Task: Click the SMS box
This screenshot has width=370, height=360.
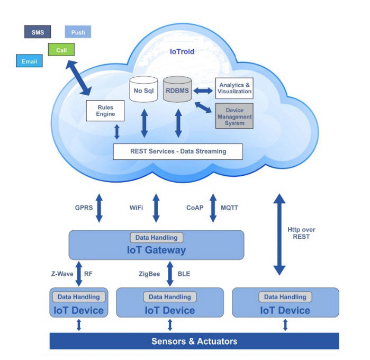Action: point(37,32)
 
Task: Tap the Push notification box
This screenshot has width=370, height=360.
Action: point(78,32)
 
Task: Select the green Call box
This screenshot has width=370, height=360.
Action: point(61,50)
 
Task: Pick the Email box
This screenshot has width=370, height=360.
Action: point(29,62)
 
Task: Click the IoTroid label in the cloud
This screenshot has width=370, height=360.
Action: point(182,52)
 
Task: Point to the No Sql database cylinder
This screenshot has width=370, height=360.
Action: point(144,89)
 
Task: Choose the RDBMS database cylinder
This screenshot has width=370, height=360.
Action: point(177,89)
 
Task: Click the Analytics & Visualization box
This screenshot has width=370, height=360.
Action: point(234,88)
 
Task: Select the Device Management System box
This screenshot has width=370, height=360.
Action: point(234,115)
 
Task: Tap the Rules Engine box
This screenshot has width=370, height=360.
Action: point(105,111)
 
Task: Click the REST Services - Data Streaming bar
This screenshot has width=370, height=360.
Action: point(178,151)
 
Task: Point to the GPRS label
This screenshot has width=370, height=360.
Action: point(84,208)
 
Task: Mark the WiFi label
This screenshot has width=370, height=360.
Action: point(137,208)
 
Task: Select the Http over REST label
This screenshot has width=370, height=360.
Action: point(302,233)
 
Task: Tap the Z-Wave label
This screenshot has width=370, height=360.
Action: point(61,274)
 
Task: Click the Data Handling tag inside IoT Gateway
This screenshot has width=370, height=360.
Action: point(156,238)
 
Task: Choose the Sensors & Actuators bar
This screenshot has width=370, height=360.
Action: point(194,341)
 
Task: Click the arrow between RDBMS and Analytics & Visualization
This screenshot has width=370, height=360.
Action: point(203,91)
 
